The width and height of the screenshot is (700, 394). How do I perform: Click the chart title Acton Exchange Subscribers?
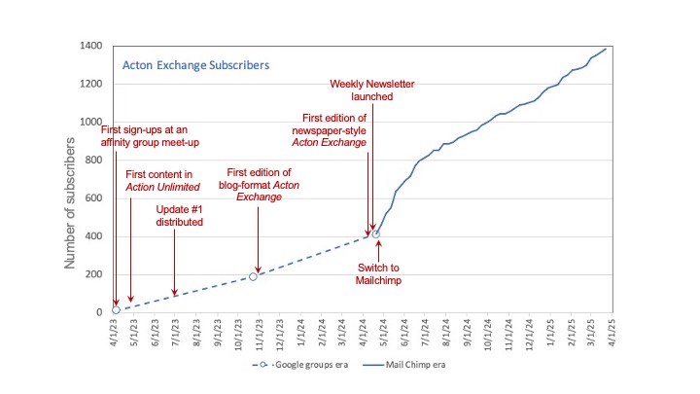(194, 66)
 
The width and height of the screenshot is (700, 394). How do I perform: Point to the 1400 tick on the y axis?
(95, 47)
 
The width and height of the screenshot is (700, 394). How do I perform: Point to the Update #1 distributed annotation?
(179, 215)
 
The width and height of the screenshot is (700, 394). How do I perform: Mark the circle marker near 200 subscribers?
(253, 276)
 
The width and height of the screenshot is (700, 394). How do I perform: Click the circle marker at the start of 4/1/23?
(116, 310)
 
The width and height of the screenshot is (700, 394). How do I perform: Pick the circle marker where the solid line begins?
(376, 233)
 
